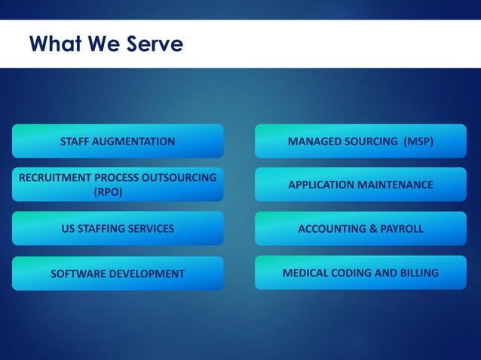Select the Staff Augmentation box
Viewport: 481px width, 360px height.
(118, 141)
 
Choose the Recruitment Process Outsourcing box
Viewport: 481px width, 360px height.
(118, 185)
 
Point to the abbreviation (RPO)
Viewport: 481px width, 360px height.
(107, 192)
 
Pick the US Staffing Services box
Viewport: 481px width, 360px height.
(118, 228)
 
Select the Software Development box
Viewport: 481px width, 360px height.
(118, 273)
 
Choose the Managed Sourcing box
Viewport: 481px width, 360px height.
(360, 141)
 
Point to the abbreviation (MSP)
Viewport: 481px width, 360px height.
(418, 141)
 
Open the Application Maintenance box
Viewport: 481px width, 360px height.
(360, 185)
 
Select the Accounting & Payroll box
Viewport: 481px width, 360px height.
(360, 228)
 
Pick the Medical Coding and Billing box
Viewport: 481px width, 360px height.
(360, 273)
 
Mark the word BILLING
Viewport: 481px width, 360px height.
(418, 273)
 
